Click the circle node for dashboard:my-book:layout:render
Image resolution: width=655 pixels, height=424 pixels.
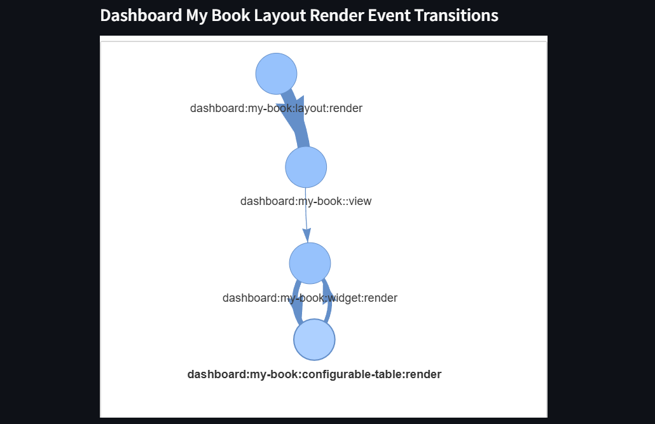[x=277, y=74]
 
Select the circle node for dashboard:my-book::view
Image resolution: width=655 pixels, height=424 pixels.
[x=306, y=167]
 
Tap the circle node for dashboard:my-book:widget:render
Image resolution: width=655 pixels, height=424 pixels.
[x=310, y=263]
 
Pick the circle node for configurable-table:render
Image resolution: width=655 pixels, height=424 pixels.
[x=314, y=340]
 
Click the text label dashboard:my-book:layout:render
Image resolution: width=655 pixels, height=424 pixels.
[x=276, y=108]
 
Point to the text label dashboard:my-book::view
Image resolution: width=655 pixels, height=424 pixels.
[x=306, y=201]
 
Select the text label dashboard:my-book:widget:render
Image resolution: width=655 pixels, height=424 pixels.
[x=310, y=298]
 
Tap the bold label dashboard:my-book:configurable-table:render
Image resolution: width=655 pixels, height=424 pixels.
[x=314, y=374]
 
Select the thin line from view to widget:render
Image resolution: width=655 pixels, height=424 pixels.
[x=306, y=210]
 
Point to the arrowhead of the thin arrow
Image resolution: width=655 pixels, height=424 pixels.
[x=307, y=235]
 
